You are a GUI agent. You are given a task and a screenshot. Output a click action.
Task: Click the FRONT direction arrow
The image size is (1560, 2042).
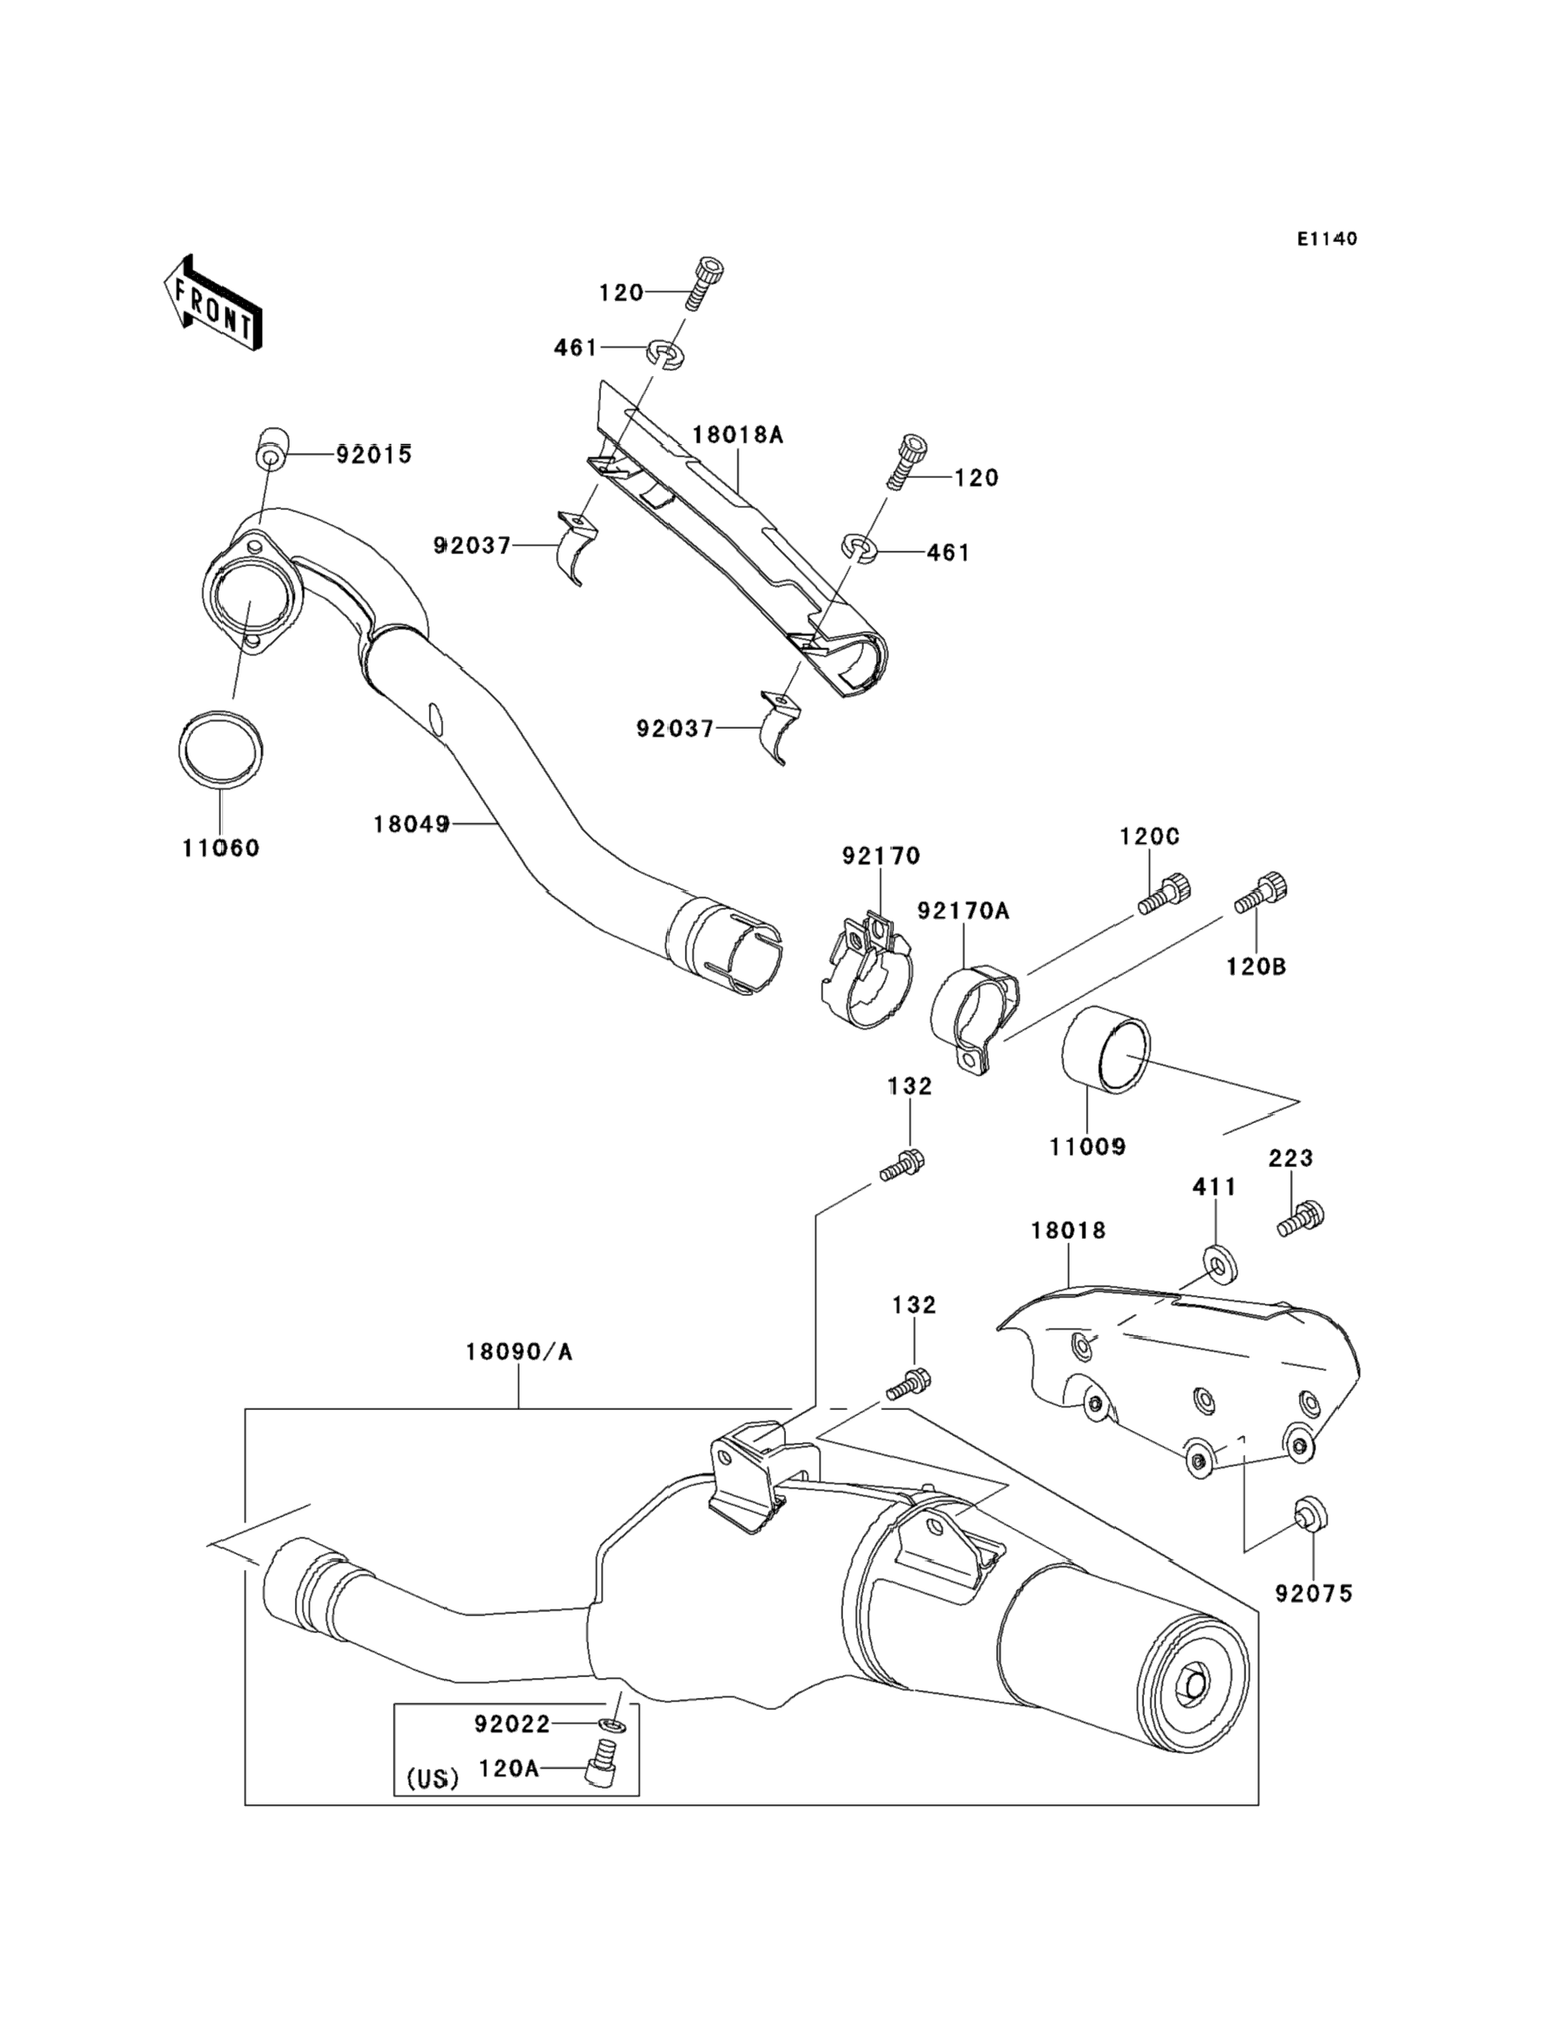coord(213,303)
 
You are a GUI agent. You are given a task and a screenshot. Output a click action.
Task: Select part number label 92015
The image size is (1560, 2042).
coord(374,455)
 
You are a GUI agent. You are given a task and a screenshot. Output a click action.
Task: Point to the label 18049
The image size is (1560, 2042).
coord(412,823)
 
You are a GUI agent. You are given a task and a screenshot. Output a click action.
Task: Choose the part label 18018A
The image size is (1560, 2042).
coord(738,434)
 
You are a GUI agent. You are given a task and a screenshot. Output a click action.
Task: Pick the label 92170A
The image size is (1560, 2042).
coord(963,910)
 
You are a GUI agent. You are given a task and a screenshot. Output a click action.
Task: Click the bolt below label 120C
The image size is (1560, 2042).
coord(1165,894)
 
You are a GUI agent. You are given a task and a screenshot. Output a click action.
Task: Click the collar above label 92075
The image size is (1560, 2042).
coord(1310,1513)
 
